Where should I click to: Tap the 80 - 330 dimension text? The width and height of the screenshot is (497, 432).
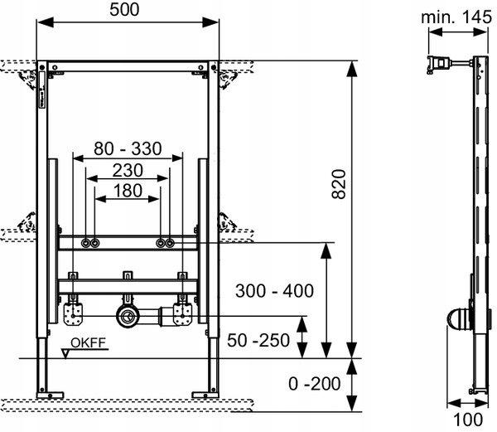click(128, 149)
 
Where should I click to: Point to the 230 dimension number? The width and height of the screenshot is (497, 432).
click(128, 170)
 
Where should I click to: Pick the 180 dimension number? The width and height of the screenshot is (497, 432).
click(128, 191)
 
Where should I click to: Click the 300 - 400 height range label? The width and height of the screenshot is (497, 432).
click(273, 291)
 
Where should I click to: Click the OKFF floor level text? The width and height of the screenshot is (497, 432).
click(87, 342)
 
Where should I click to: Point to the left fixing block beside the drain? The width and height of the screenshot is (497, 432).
click(73, 312)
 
